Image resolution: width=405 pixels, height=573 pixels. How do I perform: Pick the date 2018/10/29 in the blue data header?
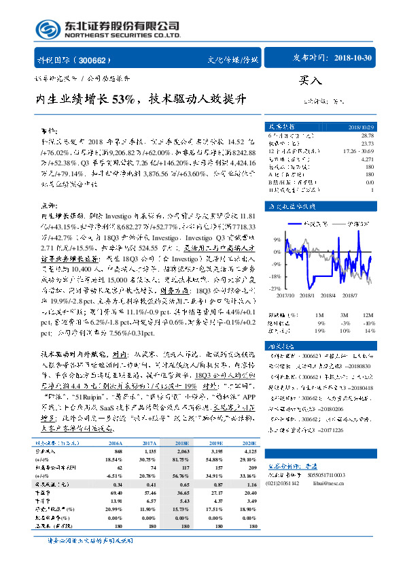pos(360,127)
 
